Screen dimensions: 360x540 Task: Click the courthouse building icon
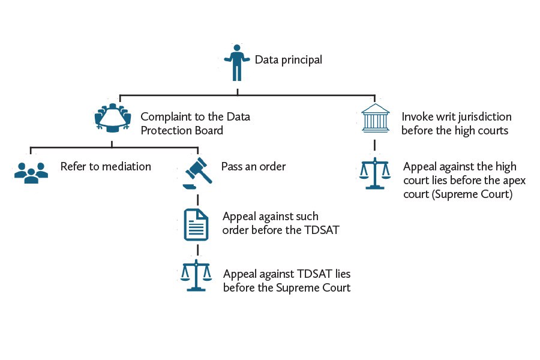coord(375,121)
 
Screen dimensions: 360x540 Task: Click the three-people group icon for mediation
coord(31,172)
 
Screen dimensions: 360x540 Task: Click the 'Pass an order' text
coord(253,166)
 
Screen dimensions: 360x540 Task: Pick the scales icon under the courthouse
coord(375,174)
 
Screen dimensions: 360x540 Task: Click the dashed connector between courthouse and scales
coord(375,146)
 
